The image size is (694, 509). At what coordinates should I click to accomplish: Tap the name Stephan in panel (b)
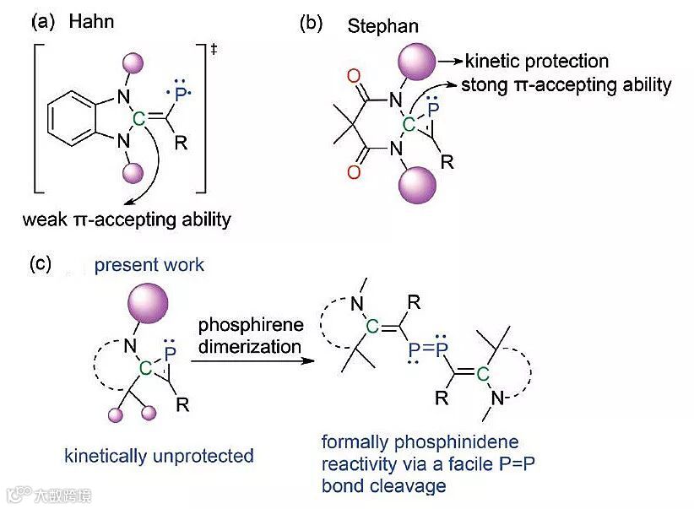pyautogui.click(x=382, y=26)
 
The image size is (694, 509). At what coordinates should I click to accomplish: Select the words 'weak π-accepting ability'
pyautogui.click(x=127, y=220)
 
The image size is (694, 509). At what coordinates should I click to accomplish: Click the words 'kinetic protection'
pyautogui.click(x=536, y=61)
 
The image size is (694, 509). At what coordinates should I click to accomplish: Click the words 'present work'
pyautogui.click(x=149, y=264)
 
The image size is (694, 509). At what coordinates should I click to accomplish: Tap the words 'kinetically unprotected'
pyautogui.click(x=159, y=456)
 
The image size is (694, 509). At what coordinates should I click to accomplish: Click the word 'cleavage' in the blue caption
pyautogui.click(x=385, y=486)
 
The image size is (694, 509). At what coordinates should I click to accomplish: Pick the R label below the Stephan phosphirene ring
pyautogui.click(x=447, y=162)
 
